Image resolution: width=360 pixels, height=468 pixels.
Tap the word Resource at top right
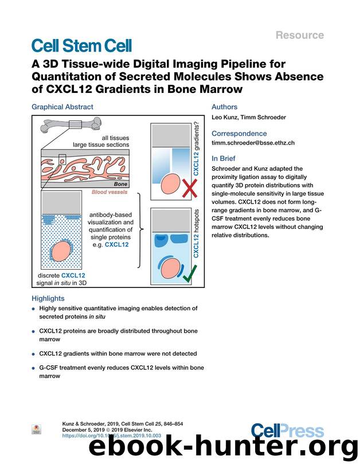coord(300,35)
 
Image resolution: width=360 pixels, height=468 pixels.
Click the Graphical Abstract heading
coord(62,107)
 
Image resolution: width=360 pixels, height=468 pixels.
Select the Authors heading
coord(224,107)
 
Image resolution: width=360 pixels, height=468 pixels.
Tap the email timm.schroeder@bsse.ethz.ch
coord(253,143)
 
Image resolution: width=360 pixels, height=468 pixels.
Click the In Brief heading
coord(224,158)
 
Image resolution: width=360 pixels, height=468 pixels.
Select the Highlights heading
coord(48,298)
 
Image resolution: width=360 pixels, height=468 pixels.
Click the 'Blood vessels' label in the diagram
coord(110,192)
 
